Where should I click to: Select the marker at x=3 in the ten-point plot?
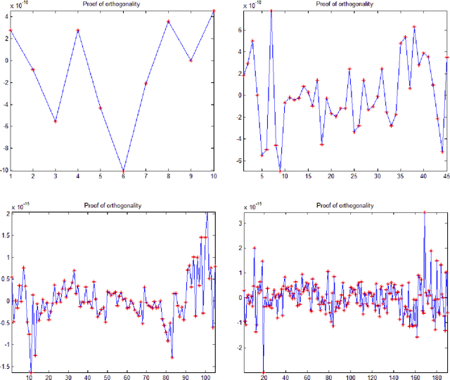point(56,121)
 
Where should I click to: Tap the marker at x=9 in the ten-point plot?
point(191,60)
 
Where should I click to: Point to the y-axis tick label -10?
point(4,170)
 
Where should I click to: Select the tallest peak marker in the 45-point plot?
point(271,11)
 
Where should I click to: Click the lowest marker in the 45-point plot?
point(280,171)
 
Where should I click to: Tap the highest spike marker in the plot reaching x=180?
point(424,212)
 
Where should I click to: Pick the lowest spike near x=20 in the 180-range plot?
point(263,373)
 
